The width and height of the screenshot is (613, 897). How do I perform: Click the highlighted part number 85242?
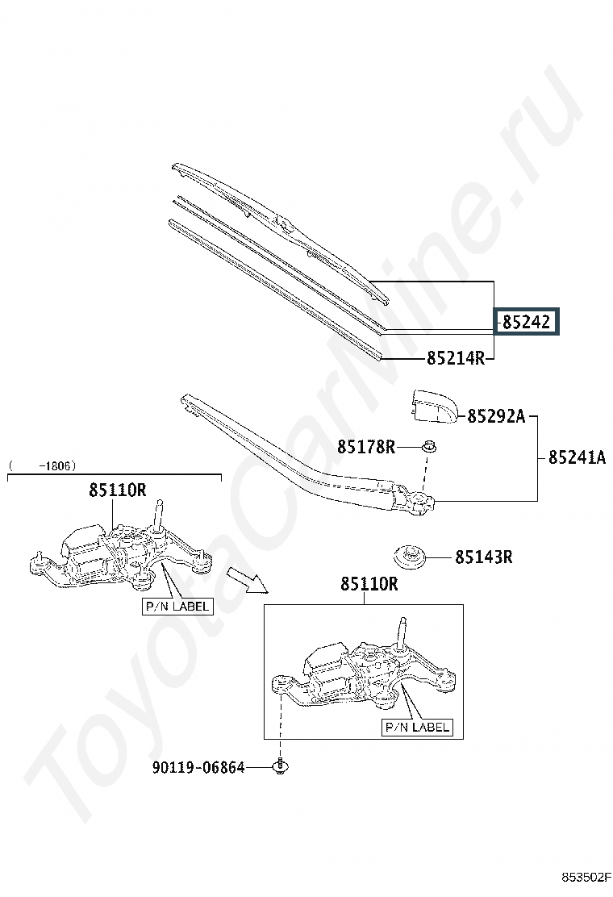(x=526, y=323)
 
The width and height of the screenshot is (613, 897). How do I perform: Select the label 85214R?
(x=456, y=358)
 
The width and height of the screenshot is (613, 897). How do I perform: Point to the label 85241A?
(x=577, y=457)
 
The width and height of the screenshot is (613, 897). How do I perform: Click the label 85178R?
(x=366, y=446)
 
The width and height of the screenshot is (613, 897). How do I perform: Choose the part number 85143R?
(x=484, y=557)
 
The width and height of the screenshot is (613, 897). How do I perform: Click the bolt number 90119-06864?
(x=198, y=768)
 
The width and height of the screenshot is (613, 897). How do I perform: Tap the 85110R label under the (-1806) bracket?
(x=118, y=489)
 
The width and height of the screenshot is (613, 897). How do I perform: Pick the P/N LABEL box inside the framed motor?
(x=416, y=727)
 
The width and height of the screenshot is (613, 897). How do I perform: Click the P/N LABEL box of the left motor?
(x=177, y=606)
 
